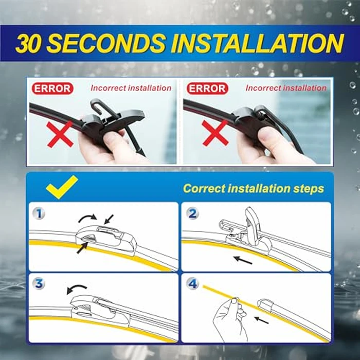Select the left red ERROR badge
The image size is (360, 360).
[52, 88]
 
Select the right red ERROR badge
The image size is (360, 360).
[207, 88]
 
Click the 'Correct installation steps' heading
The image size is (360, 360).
[254, 188]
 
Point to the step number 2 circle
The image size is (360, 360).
[192, 213]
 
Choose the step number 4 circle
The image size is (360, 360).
[192, 284]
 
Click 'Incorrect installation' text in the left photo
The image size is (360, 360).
[131, 88]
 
